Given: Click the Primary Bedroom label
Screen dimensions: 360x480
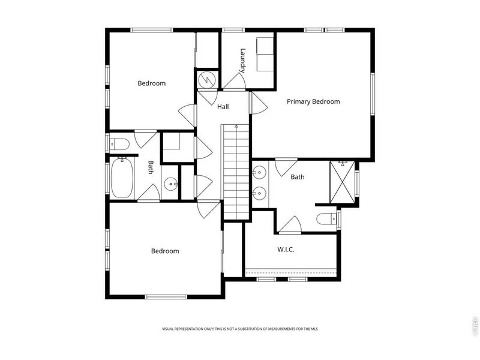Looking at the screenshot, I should pyautogui.click(x=313, y=101).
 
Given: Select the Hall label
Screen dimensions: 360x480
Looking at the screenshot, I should pyautogui.click(x=223, y=107).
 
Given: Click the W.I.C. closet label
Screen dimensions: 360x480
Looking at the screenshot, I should pyautogui.click(x=286, y=249).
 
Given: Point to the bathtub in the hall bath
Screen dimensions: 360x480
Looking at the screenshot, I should pyautogui.click(x=122, y=177).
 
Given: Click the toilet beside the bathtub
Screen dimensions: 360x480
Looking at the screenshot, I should pyautogui.click(x=119, y=143).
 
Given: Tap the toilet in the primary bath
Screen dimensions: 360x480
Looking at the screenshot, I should pyautogui.click(x=327, y=219).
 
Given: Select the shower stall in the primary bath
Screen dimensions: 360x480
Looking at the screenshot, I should pyautogui.click(x=342, y=182).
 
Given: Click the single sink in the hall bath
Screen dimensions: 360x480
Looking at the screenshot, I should pyautogui.click(x=170, y=184).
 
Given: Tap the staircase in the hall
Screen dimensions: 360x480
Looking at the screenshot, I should pyautogui.click(x=236, y=171).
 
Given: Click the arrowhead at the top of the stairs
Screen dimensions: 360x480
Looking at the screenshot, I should pyautogui.click(x=236, y=126).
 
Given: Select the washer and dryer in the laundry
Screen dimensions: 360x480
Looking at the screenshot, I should pyautogui.click(x=264, y=53).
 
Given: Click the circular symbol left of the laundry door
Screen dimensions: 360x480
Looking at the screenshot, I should pyautogui.click(x=206, y=79).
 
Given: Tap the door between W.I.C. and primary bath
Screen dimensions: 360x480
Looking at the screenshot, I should pyautogui.click(x=290, y=226).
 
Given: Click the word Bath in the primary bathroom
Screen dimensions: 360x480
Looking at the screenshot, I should pyautogui.click(x=298, y=177).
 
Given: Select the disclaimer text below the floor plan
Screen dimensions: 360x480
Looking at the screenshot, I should pyautogui.click(x=240, y=329).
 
